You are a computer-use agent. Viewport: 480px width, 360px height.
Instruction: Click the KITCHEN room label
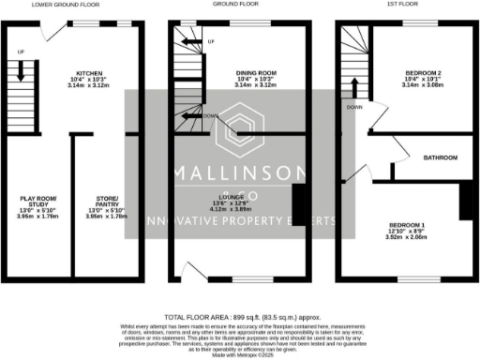(x=91, y=71)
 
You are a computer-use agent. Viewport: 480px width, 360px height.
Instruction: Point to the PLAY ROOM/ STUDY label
(x=39, y=201)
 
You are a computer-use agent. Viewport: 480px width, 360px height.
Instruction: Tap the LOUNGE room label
(x=234, y=199)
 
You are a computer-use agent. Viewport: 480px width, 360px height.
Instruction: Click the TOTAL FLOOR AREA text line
(x=240, y=317)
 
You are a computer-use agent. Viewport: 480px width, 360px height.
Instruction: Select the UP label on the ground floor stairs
(x=210, y=42)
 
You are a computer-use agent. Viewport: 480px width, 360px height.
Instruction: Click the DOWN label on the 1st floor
(x=354, y=107)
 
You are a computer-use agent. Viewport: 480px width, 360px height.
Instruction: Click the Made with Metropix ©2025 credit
(x=240, y=354)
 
